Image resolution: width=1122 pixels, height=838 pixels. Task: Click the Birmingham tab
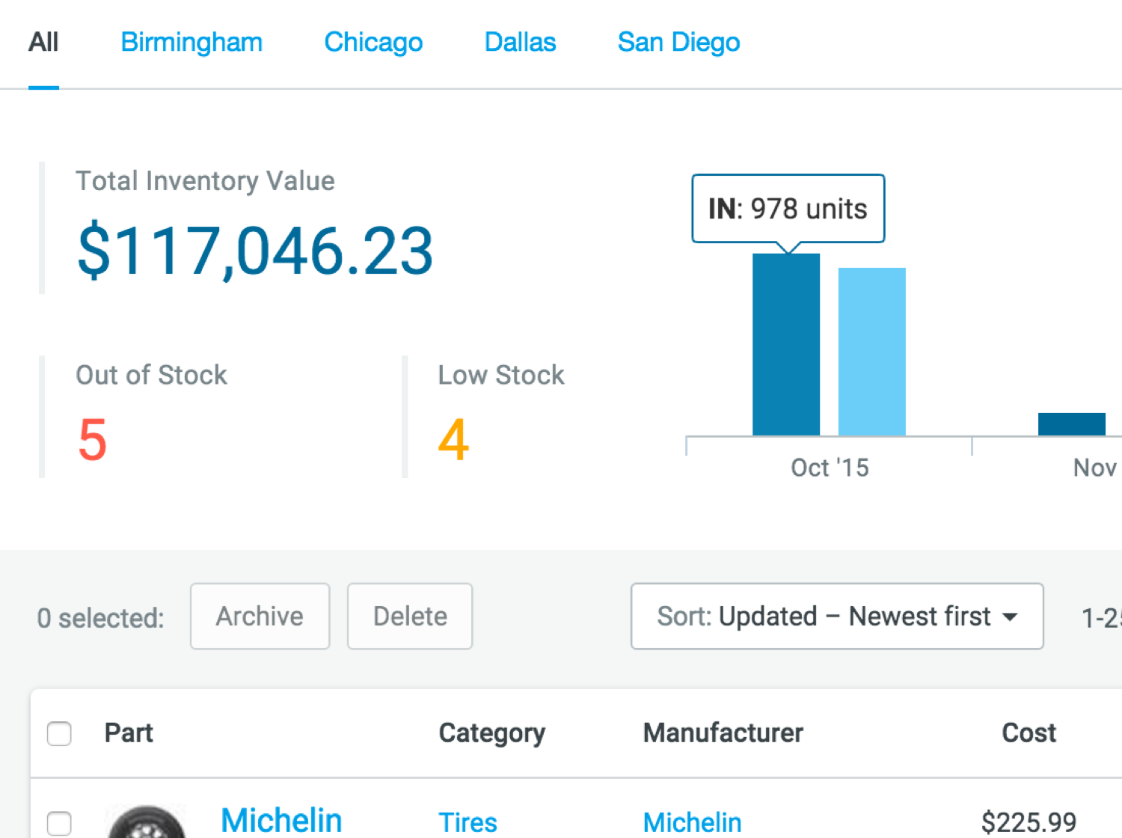coord(191,43)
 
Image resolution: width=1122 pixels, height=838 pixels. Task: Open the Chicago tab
coord(373,43)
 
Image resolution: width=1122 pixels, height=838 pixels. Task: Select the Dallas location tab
coord(520,43)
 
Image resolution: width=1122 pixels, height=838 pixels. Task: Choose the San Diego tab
coord(678,43)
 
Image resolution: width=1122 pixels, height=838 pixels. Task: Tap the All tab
coord(43,43)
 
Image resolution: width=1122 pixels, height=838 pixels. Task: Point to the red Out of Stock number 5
coord(93,439)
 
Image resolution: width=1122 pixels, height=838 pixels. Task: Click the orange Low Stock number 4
coord(453,439)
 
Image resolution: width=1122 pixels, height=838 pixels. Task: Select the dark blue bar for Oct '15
coord(785,344)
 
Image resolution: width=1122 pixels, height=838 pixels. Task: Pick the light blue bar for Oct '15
coord(871,352)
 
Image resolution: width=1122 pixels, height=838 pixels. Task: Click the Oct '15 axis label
coord(830,468)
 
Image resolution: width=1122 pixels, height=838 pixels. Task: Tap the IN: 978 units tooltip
coord(788,209)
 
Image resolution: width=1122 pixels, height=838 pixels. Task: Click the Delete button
coord(410,616)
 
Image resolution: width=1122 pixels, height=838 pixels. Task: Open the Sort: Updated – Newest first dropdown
coord(836,616)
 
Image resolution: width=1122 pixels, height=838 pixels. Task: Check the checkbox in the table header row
coord(59,733)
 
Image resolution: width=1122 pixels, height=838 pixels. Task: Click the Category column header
coord(491,733)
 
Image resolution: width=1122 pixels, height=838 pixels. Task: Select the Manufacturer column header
coord(723,733)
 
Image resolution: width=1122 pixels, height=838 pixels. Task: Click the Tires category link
coord(467,822)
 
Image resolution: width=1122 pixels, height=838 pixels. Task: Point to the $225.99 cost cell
coord(1028,822)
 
